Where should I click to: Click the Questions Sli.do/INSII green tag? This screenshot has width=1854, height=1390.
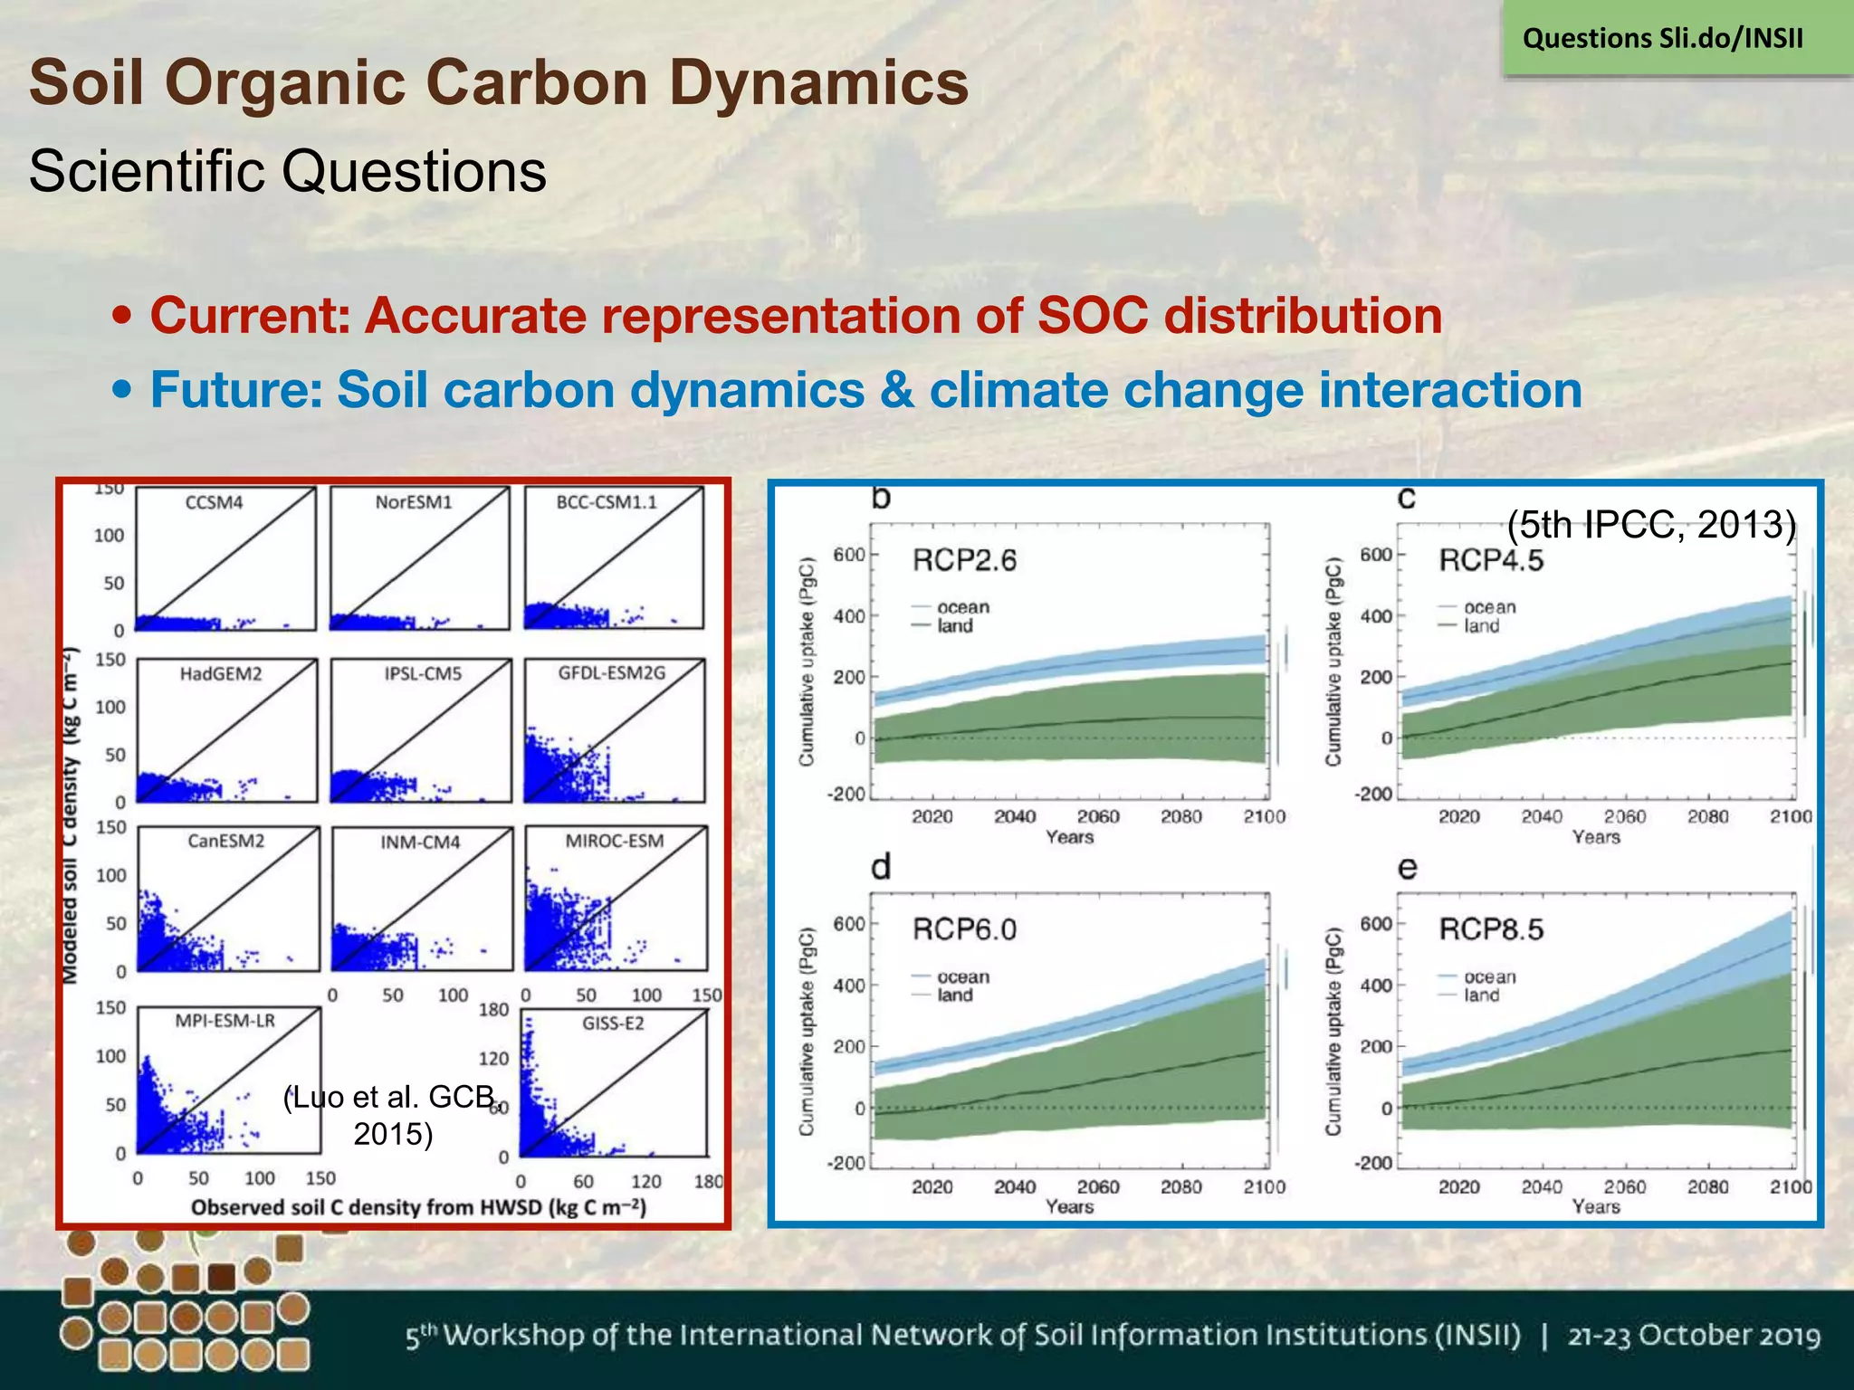(x=1663, y=39)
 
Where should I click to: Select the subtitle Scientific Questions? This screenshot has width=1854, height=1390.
(x=288, y=171)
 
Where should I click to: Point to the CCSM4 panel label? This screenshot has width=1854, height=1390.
(x=214, y=502)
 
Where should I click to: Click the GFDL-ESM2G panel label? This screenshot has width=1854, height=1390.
(x=611, y=672)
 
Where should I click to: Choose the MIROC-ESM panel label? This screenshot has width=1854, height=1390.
(x=614, y=841)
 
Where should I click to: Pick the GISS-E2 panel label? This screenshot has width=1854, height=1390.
(x=613, y=1023)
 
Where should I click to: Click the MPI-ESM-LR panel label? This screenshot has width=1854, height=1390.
(x=225, y=1021)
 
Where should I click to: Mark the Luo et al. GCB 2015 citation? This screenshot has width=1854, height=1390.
(x=391, y=1115)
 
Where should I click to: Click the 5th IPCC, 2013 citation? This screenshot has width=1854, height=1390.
(x=1650, y=524)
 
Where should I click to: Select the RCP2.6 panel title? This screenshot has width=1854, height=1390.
(x=964, y=561)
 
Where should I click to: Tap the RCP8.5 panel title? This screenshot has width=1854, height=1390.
(x=1491, y=929)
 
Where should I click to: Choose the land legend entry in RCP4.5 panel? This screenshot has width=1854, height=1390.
(x=1482, y=626)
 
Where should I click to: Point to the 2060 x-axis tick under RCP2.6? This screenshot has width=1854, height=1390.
(x=1097, y=817)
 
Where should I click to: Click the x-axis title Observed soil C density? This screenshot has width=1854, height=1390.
(x=418, y=1207)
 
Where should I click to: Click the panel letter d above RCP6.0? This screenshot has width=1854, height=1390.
(x=880, y=867)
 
